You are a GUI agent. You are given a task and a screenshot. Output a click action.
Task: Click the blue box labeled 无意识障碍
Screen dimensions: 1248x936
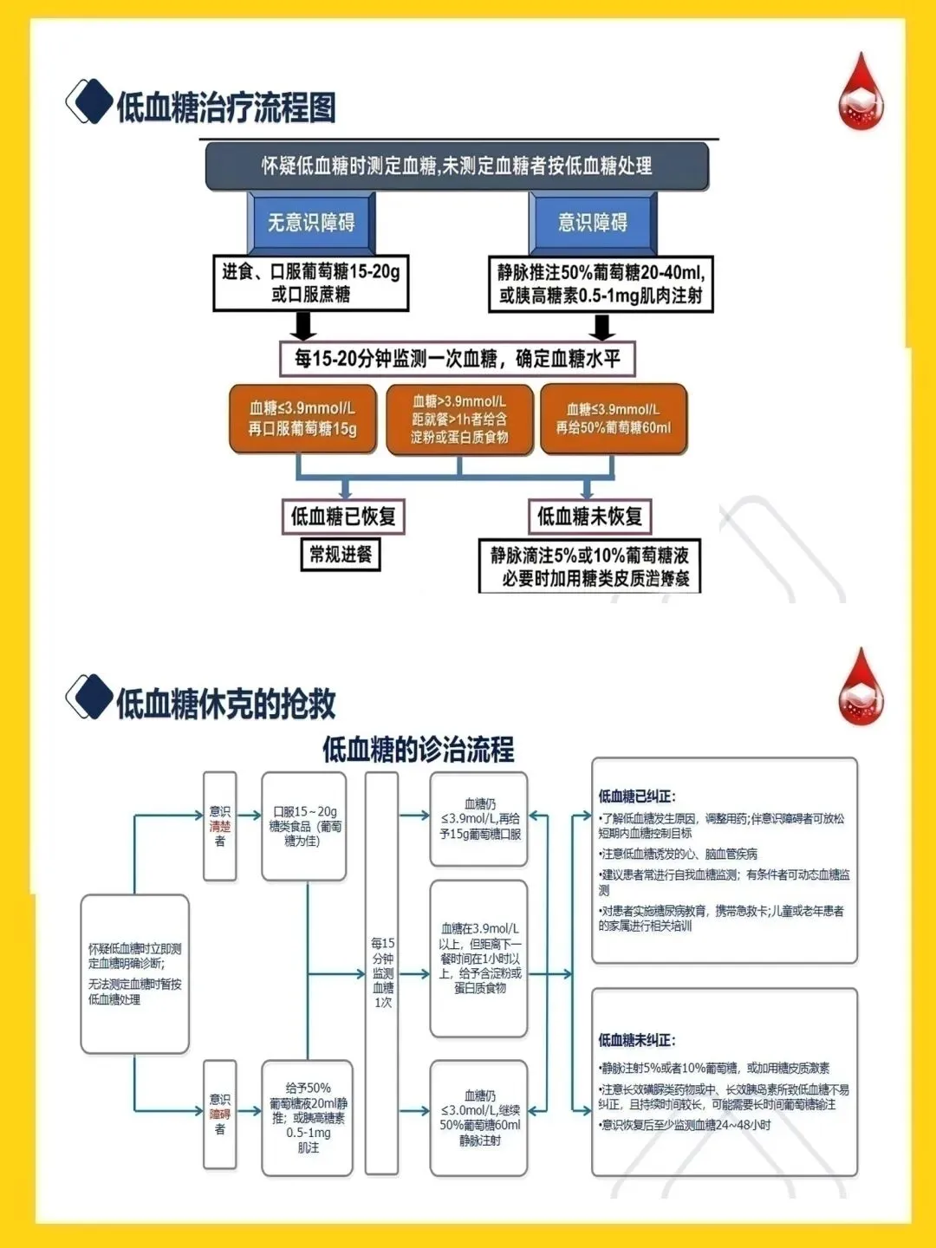coord(311,223)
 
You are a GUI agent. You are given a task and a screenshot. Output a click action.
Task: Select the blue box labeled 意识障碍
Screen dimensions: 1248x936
coord(593,223)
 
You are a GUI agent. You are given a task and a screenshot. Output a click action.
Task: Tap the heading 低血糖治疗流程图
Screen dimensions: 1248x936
coord(226,107)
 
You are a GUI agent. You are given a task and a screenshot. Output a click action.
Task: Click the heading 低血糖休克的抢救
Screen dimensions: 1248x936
coord(226,703)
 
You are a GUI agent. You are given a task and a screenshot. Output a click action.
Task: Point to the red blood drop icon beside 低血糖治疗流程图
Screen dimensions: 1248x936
coord(861,93)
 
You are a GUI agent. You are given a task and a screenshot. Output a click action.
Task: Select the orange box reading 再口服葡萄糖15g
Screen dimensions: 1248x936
coord(302,419)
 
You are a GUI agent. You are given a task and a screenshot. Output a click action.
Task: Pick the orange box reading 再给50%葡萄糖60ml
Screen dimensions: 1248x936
coord(614,419)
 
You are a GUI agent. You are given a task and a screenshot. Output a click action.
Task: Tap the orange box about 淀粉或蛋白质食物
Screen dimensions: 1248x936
coord(459,419)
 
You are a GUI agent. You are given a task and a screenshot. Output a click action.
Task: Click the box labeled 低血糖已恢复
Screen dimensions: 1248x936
coord(343,517)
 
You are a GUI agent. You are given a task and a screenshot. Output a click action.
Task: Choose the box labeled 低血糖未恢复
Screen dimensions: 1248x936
coord(589,517)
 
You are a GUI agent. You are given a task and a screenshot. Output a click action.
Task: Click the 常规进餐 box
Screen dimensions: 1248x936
coord(341,554)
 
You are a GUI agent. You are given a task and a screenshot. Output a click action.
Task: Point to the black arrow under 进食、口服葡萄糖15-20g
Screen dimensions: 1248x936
coord(302,326)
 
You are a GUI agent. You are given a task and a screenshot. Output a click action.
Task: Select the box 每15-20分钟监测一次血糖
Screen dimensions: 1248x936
coord(458,359)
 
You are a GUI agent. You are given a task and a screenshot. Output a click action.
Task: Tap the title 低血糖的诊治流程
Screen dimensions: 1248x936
coord(419,749)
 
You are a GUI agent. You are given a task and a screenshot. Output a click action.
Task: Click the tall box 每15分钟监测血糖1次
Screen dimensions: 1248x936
coord(382,972)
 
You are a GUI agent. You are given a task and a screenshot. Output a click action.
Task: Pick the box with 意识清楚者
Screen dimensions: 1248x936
coord(220,826)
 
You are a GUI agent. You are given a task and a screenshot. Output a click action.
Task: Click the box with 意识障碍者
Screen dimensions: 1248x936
coord(220,1114)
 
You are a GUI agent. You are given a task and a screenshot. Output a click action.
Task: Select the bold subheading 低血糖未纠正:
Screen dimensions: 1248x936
coord(637,1040)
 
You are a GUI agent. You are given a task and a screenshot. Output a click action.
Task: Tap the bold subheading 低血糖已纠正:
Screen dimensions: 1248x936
coord(637,796)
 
